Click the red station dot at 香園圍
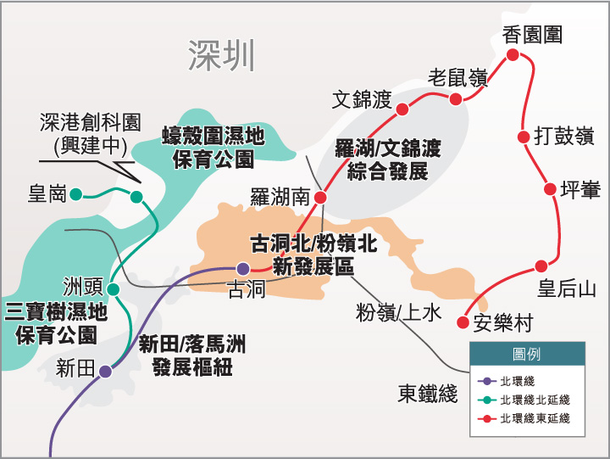click(512, 56)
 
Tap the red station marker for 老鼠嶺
click(456, 99)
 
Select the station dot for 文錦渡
click(402, 108)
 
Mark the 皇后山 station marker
click(541, 264)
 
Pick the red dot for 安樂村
click(463, 322)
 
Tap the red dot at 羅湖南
click(320, 198)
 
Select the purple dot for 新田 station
click(105, 371)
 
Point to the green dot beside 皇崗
click(75, 194)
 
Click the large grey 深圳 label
click(221, 56)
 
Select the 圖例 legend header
click(526, 354)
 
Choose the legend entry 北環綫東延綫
click(534, 418)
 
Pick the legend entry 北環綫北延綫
click(534, 400)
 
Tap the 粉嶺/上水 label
click(398, 313)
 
